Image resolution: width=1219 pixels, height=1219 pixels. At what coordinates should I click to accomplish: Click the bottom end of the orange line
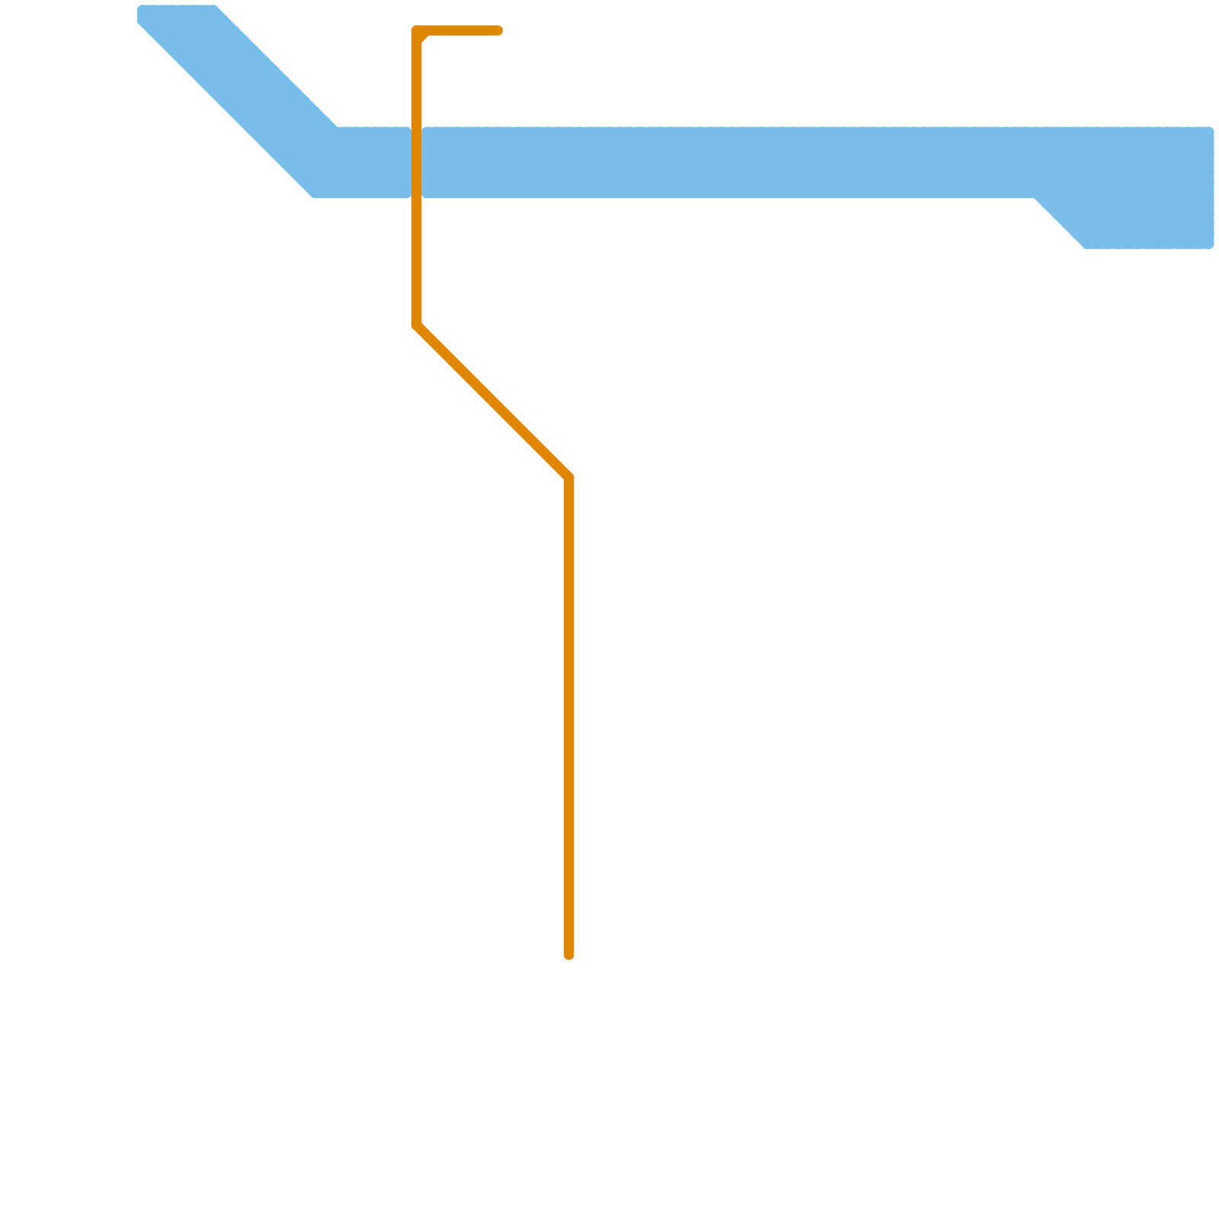[x=568, y=955]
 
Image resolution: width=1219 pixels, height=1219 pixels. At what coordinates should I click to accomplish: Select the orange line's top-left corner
[x=417, y=31]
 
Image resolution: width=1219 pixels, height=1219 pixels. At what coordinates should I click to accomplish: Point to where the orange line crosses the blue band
[x=417, y=162]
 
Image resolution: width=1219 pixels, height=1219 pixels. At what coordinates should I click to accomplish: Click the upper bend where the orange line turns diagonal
[x=417, y=326]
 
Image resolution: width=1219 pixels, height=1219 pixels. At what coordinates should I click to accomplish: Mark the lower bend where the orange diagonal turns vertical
[x=568, y=478]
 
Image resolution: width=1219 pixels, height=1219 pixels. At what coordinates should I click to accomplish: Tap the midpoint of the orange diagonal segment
[x=493, y=402]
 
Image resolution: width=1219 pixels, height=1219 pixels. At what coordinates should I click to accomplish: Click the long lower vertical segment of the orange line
[x=568, y=716]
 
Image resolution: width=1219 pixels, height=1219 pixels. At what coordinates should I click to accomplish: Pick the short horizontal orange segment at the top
[x=461, y=30]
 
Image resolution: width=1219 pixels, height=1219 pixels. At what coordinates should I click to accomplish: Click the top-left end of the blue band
[x=142, y=11]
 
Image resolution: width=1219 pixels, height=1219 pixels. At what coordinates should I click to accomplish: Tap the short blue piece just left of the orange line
[x=373, y=162]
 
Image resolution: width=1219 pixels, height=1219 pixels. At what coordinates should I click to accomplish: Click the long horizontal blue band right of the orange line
[x=724, y=162]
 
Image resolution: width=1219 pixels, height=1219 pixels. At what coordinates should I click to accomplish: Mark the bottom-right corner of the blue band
[x=1210, y=245]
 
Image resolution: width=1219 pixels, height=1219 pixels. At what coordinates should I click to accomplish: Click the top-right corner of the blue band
[x=1210, y=130]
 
